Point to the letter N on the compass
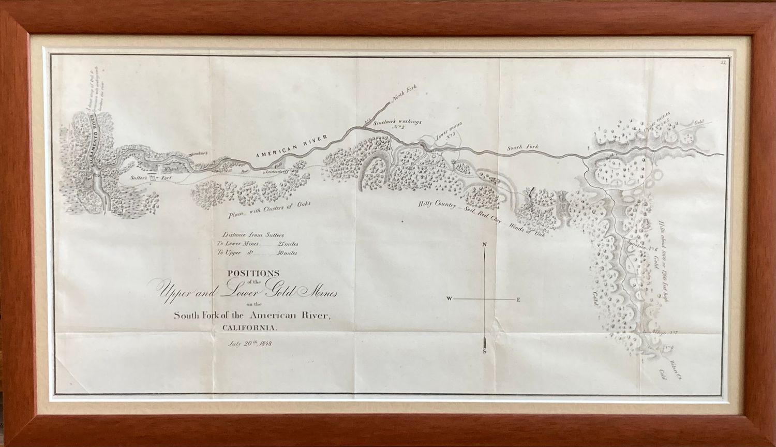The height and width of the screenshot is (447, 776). click(484, 245)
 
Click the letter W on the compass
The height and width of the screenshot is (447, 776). click(450, 299)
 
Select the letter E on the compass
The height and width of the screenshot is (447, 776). click(518, 299)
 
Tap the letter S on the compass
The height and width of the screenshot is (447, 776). click(484, 351)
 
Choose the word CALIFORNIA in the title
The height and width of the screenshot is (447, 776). click(250, 327)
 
